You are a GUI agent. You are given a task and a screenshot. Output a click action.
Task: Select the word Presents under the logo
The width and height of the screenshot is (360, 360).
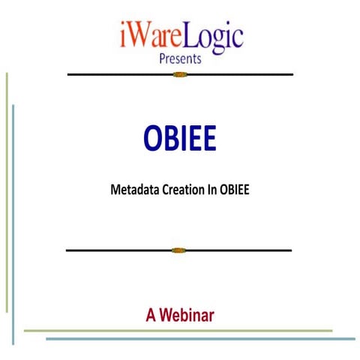[x=181, y=59]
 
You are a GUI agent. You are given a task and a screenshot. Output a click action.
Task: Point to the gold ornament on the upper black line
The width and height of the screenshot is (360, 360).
[x=179, y=75]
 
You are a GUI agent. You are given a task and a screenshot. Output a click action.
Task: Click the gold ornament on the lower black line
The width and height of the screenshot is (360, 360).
[x=178, y=250]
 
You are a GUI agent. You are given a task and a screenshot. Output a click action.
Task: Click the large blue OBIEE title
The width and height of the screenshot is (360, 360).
[x=180, y=138]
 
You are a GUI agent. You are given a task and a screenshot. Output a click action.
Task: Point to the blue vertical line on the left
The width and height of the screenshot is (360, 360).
[x=13, y=225]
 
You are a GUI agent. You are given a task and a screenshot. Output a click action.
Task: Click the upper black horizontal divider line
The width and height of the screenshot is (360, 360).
[x=112, y=75]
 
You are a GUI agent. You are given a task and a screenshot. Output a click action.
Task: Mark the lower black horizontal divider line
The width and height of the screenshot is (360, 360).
[x=112, y=250]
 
